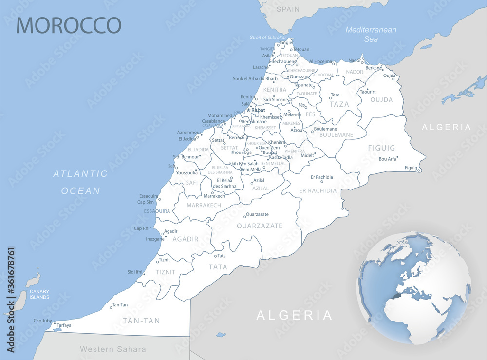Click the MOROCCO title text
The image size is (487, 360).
click(69, 25)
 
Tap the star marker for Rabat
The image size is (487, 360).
click(248, 110)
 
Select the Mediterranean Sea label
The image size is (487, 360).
click(371, 34)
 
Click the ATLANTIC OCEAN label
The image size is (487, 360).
click(80, 182)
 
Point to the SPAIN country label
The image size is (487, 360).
click(288, 9)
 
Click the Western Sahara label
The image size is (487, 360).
click(112, 349)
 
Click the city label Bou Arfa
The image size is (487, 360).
click(387, 159)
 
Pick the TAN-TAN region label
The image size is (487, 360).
click(141, 321)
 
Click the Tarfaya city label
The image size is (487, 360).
click(64, 325)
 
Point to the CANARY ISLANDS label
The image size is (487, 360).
click(39, 294)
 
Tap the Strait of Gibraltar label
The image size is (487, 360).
click(268, 38)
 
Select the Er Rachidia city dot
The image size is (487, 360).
click(322, 182)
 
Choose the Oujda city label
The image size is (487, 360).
click(389, 75)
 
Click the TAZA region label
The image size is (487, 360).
click(339, 104)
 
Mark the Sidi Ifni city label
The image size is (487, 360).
click(135, 272)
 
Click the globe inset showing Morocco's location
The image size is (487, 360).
click(413, 287)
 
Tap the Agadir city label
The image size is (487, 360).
click(170, 231)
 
